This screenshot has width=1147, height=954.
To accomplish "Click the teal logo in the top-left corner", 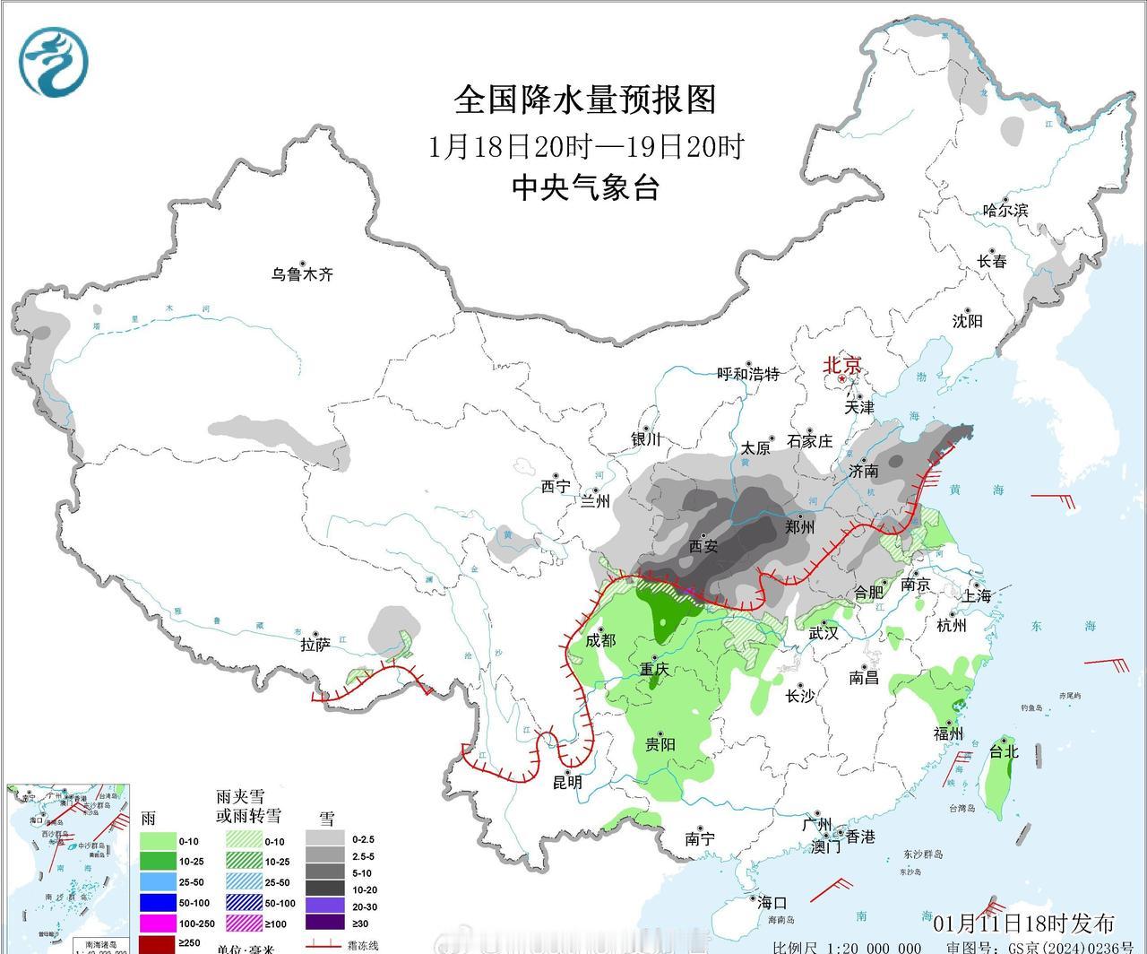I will (x=54, y=61).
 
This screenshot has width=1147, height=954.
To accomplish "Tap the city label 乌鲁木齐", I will (x=303, y=274).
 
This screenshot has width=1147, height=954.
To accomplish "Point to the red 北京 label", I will (x=841, y=365).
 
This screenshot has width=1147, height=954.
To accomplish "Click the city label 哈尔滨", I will (x=1005, y=211).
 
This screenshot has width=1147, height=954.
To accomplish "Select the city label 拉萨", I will (x=315, y=644).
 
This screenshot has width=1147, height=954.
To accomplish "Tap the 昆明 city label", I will (x=566, y=783).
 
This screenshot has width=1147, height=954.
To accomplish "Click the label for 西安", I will (x=703, y=545).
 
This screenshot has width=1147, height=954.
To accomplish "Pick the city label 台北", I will (x=1004, y=751).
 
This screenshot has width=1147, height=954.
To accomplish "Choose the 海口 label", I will (x=771, y=903).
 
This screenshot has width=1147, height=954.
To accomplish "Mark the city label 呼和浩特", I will (x=748, y=374).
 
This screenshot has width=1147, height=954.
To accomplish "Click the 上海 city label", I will (x=977, y=596).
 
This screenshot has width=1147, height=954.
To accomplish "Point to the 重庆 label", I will (x=654, y=669).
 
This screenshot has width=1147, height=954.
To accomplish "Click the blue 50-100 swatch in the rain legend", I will (x=157, y=902).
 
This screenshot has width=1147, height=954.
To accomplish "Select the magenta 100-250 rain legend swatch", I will (x=157, y=922).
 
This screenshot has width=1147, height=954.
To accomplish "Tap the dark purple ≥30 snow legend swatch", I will (x=324, y=922).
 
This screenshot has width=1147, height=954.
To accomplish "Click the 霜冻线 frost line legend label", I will (x=362, y=945).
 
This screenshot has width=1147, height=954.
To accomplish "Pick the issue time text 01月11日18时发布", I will (x=1023, y=924).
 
